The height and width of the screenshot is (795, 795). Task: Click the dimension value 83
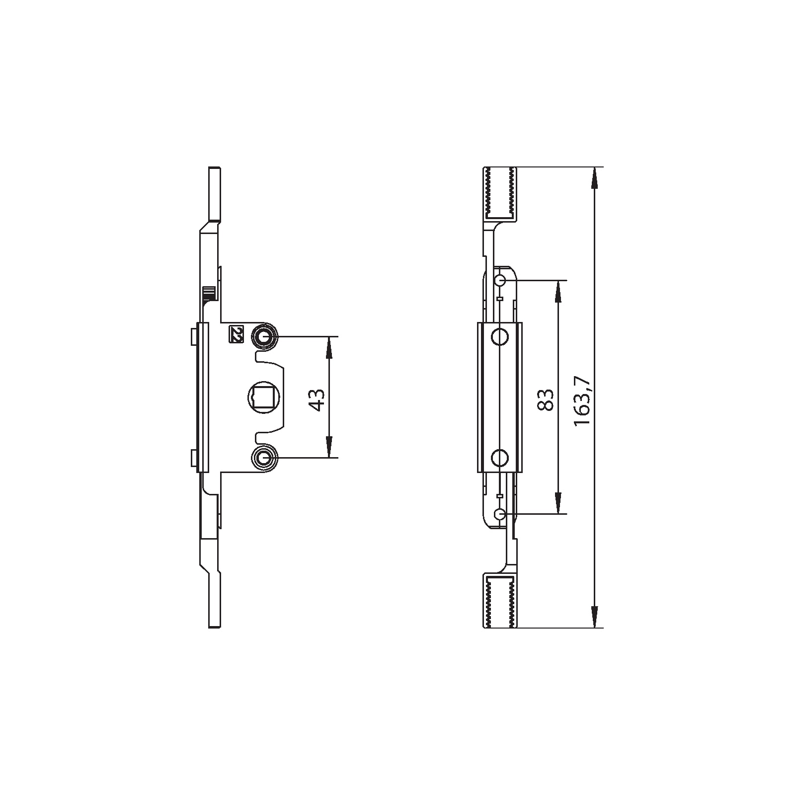546,399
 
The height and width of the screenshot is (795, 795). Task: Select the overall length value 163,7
581,400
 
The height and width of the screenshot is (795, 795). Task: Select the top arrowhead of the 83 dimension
558,290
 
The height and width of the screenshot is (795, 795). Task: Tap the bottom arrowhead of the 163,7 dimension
593,618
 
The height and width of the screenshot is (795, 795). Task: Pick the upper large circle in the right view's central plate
500,337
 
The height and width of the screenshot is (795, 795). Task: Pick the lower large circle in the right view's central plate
500,457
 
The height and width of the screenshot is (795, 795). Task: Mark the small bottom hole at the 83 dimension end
500,513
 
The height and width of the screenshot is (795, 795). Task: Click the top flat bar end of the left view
215,194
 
